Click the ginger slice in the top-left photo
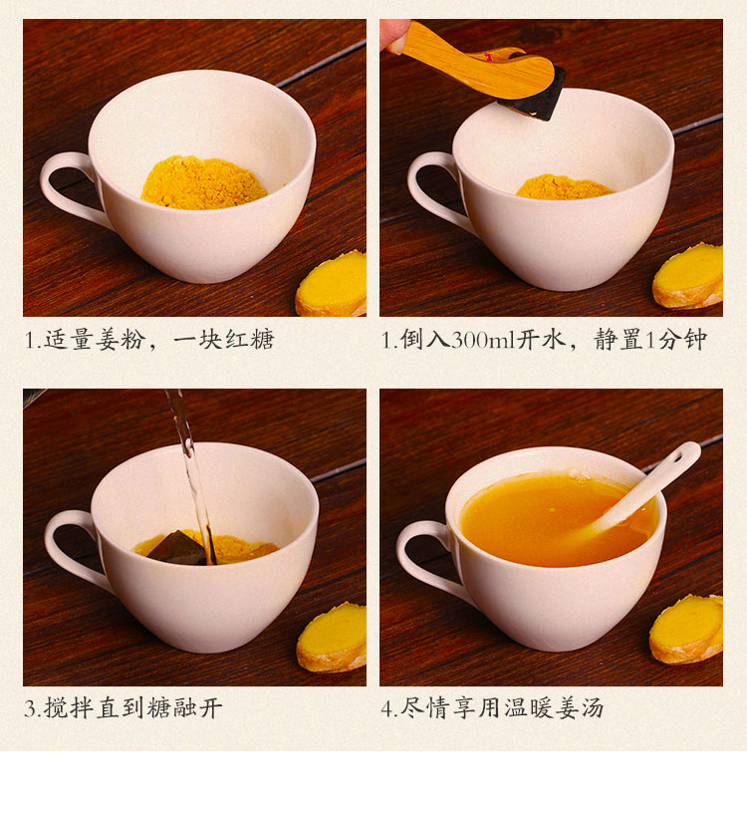(332, 285)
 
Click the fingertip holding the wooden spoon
(395, 35)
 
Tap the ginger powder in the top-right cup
(564, 187)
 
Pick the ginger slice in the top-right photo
(688, 277)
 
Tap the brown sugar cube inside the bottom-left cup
(177, 549)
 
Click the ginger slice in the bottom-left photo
(333, 639)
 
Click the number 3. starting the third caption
(33, 708)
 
